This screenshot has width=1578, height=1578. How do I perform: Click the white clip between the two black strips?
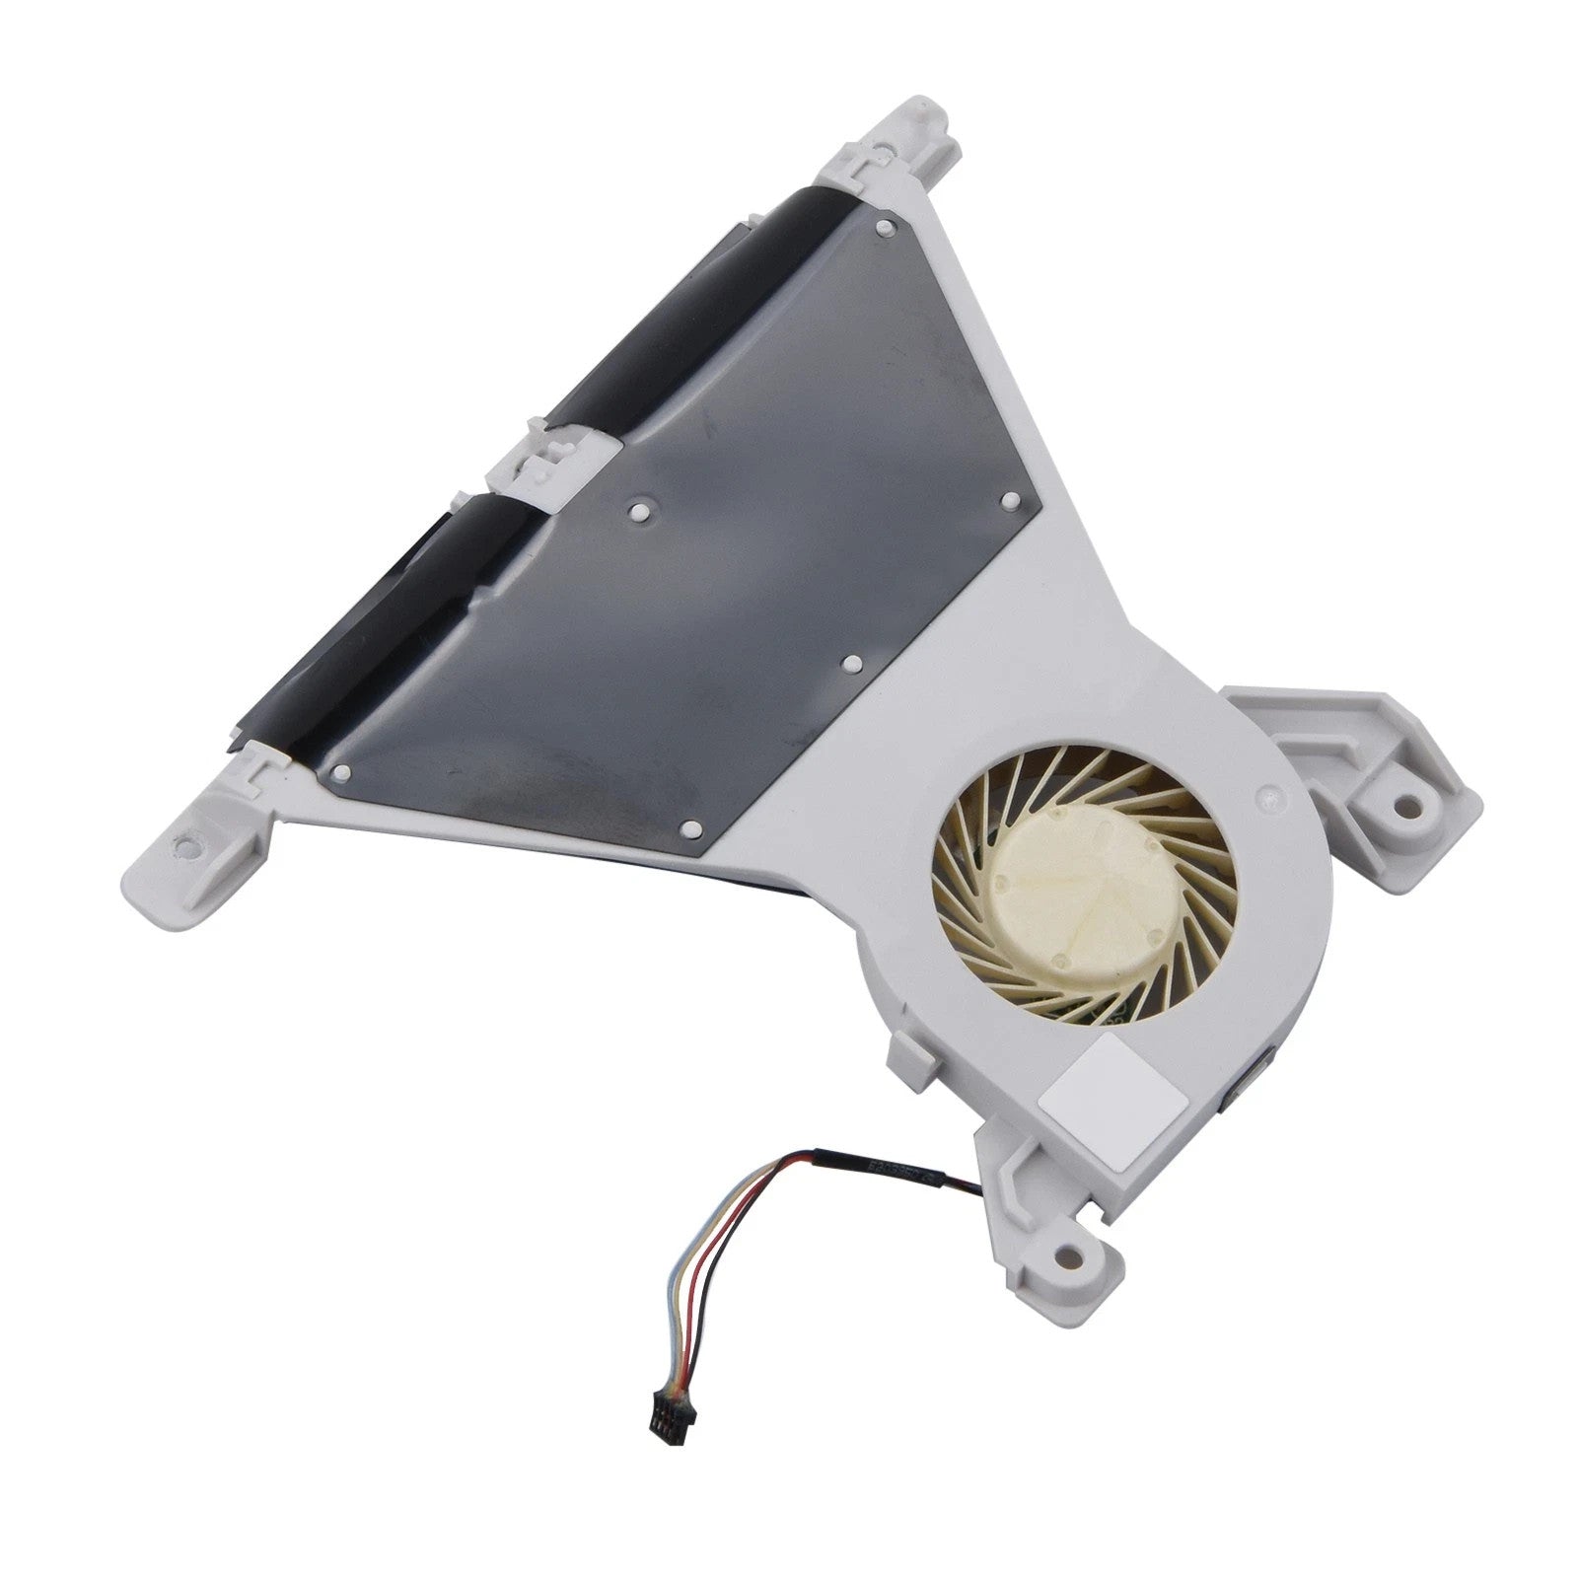coord(552,456)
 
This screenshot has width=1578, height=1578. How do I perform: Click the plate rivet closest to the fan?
coord(854,663)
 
